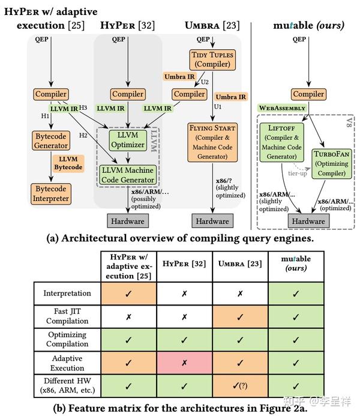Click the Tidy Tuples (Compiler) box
212,59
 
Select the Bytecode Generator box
51,141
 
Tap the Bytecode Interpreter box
51,194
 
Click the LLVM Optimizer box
128,140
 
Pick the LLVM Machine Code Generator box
128,175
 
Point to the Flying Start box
212,142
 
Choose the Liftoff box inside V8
281,142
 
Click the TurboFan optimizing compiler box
332,164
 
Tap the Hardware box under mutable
308,221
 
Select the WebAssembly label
282,108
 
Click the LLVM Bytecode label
68,163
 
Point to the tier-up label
298,173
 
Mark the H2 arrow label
83,135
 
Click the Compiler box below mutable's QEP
308,94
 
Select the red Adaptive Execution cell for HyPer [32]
184,363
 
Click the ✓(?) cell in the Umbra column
240,385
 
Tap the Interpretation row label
67,293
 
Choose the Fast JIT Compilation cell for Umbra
240,317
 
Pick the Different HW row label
67,385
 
